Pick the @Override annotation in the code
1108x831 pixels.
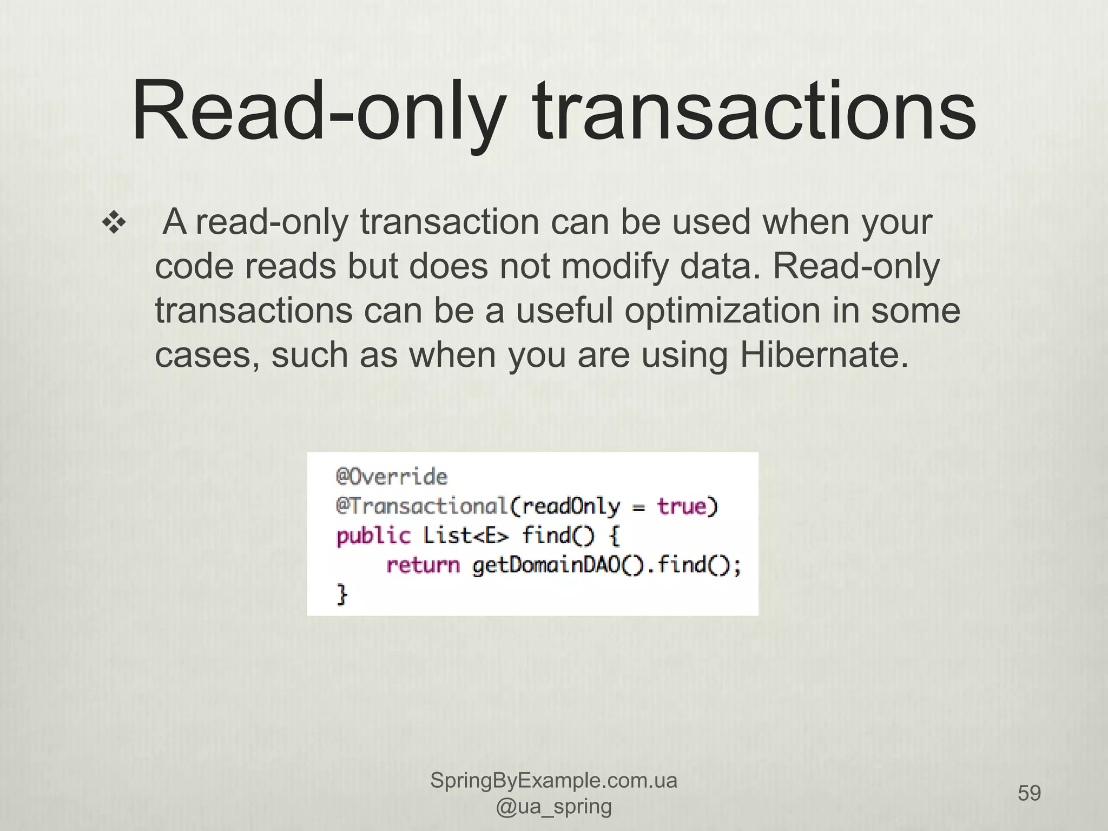click(x=392, y=477)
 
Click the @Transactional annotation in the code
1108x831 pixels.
click(x=421, y=506)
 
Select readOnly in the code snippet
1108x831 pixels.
click(x=571, y=506)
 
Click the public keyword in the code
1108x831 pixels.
click(x=373, y=536)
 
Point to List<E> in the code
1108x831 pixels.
click(x=466, y=536)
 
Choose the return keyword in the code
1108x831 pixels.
click(x=423, y=565)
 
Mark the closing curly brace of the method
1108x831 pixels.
click(x=342, y=595)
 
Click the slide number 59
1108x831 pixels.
click(x=1029, y=793)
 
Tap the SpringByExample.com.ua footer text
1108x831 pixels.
click(x=553, y=781)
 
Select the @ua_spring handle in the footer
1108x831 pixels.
click(x=553, y=806)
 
